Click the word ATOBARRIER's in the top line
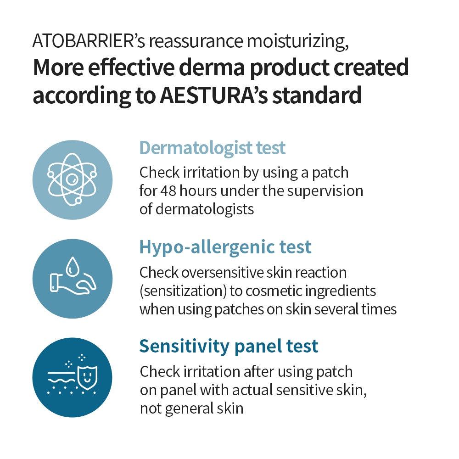point(89,41)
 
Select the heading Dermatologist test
point(212,148)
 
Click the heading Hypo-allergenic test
point(225,247)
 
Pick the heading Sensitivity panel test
point(229,346)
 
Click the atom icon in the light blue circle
point(72,179)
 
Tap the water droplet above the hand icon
point(71,266)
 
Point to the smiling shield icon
point(87,377)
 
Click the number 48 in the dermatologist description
point(168,191)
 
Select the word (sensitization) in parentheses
point(183,291)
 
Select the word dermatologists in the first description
point(205,209)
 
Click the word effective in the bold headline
point(131,67)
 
